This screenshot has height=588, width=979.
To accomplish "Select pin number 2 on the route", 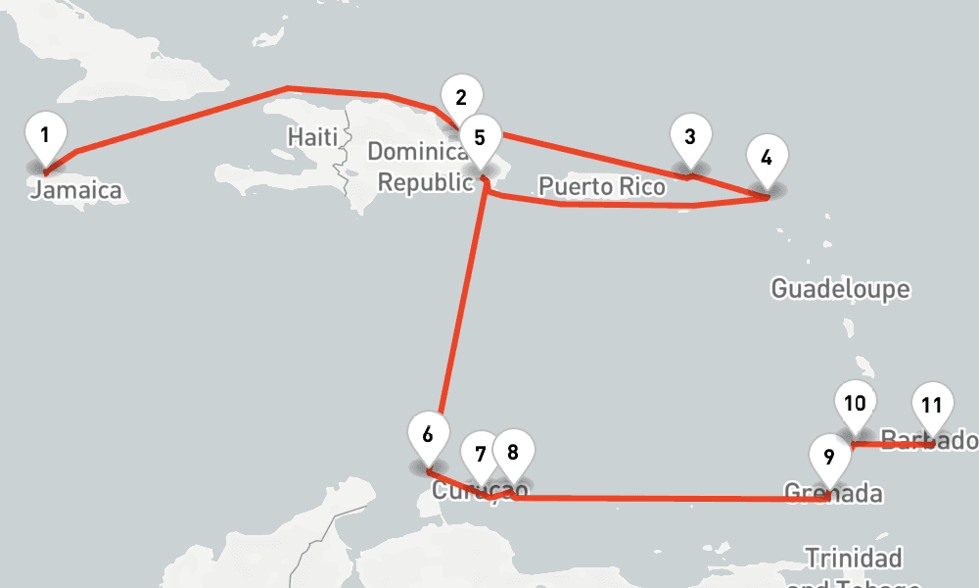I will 461,98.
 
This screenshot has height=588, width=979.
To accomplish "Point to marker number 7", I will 480,456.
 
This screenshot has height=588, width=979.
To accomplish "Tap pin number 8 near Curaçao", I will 513,454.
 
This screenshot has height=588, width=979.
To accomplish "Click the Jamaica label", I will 76,190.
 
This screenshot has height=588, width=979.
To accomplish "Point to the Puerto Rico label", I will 602,186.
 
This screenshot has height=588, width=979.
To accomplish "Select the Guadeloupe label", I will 840,289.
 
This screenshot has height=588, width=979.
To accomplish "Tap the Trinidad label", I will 853,559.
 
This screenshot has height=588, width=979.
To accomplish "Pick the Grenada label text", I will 833,492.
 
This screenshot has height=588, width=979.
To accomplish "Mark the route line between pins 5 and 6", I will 465,304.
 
